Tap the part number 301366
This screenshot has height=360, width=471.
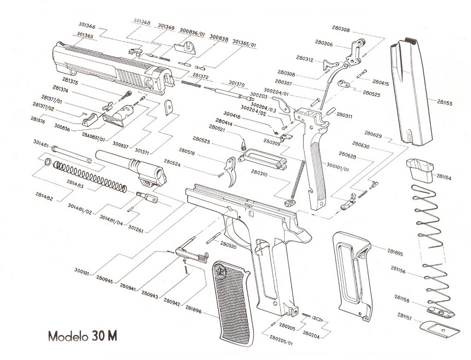(87, 27)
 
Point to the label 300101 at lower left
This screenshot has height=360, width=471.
(84, 272)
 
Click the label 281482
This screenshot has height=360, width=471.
(44, 198)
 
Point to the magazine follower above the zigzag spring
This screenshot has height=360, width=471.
(419, 170)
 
